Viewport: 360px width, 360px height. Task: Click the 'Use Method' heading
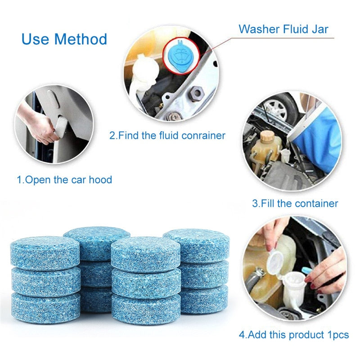point(64,39)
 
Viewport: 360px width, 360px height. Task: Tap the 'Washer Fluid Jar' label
point(283,29)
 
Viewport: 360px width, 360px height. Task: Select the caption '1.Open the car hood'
point(64,180)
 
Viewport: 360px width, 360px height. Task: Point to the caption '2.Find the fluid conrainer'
point(167,135)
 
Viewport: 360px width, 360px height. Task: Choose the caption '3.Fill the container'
point(295,203)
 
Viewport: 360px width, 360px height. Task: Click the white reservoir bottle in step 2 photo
point(144,74)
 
